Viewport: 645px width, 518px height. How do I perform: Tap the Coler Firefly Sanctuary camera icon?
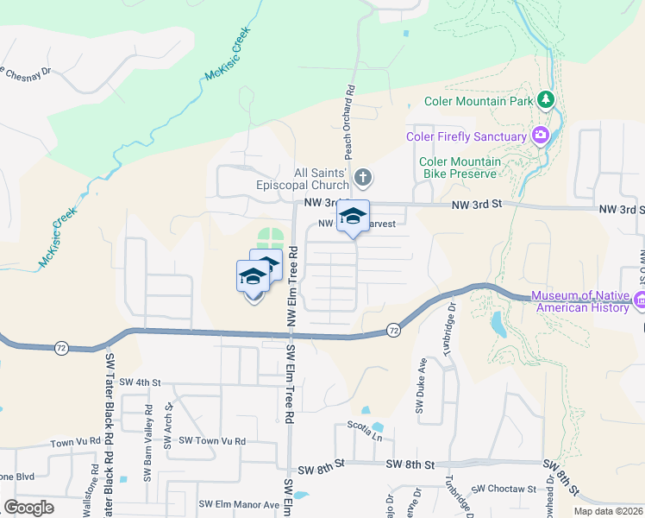pos(541,136)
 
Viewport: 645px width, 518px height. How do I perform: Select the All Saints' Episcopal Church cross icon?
pos(363,179)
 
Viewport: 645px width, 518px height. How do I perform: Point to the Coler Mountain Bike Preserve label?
pos(459,167)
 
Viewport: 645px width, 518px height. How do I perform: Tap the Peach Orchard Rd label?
pos(350,122)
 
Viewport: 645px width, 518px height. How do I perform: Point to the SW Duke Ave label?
pos(422,386)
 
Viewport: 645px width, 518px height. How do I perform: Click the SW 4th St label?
pos(141,382)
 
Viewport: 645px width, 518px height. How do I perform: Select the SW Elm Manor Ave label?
pos(240,504)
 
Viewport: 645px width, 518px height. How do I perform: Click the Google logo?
pos(28,508)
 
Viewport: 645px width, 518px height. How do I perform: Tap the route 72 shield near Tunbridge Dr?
pos(393,330)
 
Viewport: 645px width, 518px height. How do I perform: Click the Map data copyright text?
pos(608,511)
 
